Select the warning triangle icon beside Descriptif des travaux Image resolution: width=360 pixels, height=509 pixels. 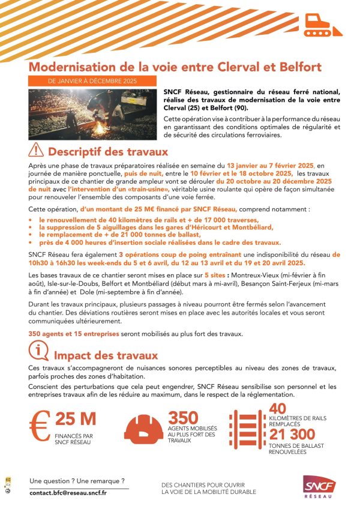point(36,150)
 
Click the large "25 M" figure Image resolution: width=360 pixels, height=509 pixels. point(75,419)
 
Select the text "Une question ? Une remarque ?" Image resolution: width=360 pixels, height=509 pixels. point(77,481)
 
